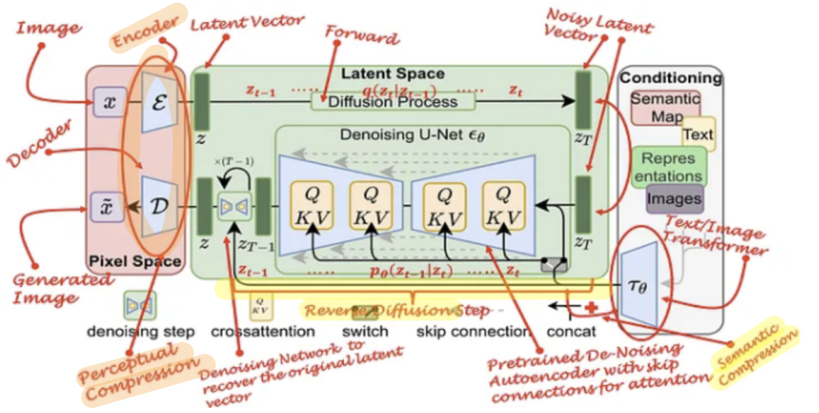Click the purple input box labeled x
(109, 102)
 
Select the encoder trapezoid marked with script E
(159, 102)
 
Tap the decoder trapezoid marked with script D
(159, 206)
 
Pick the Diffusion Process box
(393, 102)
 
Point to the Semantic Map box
(665, 107)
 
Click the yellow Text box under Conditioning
(698, 135)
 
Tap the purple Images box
(674, 199)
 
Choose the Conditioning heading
(670, 78)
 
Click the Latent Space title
(392, 74)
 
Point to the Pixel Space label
(135, 261)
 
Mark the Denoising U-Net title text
(412, 135)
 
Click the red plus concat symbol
(591, 308)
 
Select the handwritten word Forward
(362, 34)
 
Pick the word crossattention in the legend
(262, 332)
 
